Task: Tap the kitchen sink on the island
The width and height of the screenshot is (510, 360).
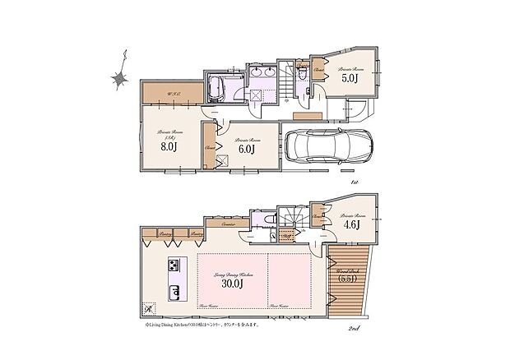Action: (x=174, y=292)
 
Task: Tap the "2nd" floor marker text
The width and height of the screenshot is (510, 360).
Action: (x=355, y=328)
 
